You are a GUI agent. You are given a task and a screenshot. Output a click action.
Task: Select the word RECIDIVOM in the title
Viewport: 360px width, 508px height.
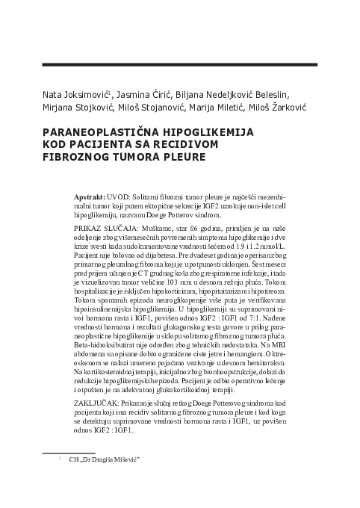click(190, 144)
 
